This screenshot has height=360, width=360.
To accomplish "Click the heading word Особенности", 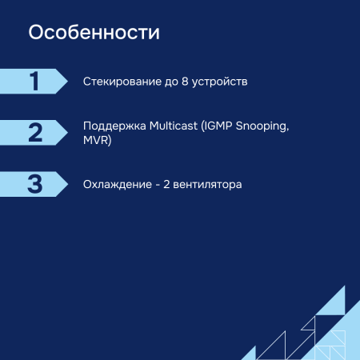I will pyautogui.click(x=94, y=34).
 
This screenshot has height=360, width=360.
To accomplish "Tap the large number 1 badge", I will pyautogui.click(x=34, y=81).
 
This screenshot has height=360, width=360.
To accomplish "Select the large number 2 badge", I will pyautogui.click(x=34, y=132).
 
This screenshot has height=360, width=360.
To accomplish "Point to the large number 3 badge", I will pyautogui.click(x=34, y=183).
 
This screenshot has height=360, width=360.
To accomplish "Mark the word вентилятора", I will pyautogui.click(x=209, y=184).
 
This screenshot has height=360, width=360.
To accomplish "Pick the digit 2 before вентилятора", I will pyautogui.click(x=166, y=184).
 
